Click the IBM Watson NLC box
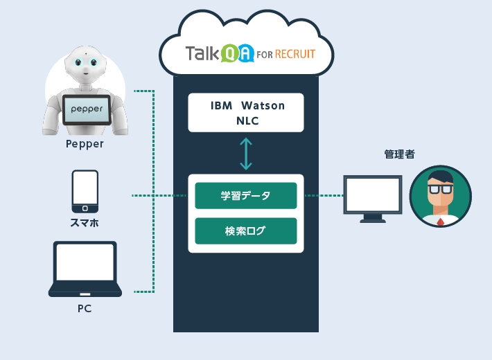click(x=246, y=113)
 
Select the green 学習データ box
click(x=246, y=196)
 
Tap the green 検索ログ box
click(x=246, y=231)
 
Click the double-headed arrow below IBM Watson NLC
click(x=246, y=153)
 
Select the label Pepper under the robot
click(x=85, y=144)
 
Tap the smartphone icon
click(x=85, y=192)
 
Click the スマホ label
click(x=85, y=223)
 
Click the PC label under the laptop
click(x=85, y=308)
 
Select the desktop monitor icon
click(x=373, y=197)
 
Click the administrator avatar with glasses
click(x=440, y=195)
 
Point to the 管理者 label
click(x=400, y=154)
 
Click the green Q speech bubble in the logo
click(x=229, y=55)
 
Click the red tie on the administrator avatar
click(x=440, y=222)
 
